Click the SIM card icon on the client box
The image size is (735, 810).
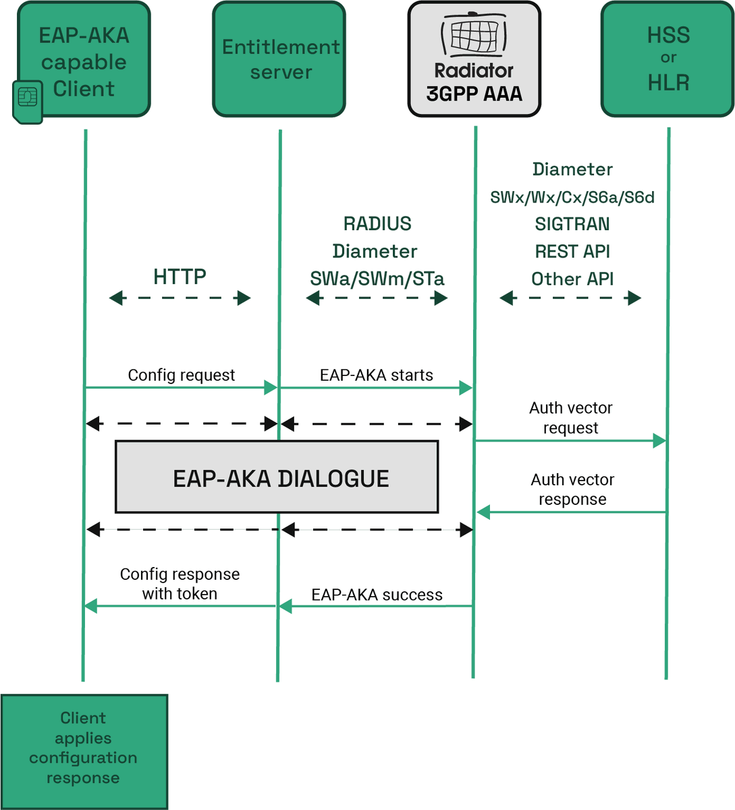tap(28, 102)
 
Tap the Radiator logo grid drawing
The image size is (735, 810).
tap(474, 35)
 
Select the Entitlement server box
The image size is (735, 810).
tap(279, 59)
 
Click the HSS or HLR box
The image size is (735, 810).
tap(668, 59)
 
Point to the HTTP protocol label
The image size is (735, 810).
tap(180, 277)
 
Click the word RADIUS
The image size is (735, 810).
tap(377, 223)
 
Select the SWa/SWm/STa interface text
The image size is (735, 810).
tap(377, 279)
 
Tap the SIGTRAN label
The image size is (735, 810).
tap(572, 224)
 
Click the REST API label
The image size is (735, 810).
tap(572, 252)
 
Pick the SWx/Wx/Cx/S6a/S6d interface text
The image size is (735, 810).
tap(572, 198)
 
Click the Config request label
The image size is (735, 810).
tap(182, 375)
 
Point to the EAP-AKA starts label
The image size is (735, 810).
tap(377, 375)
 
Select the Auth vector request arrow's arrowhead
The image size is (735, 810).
tap(659, 441)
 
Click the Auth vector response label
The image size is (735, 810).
tap(572, 489)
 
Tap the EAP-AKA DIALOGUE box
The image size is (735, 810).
tap(277, 477)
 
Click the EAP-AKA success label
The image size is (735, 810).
tap(377, 595)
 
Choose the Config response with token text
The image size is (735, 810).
tap(180, 584)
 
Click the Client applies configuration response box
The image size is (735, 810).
tap(84, 752)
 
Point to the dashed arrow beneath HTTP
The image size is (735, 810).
tap(180, 298)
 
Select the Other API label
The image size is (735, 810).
tap(572, 279)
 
